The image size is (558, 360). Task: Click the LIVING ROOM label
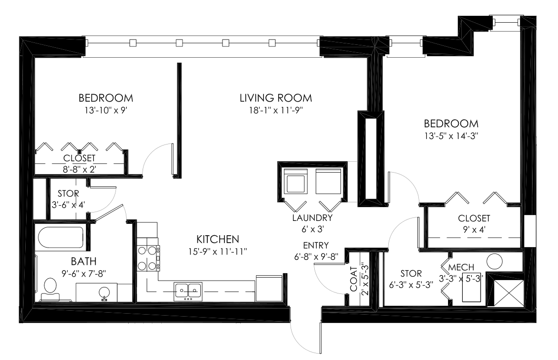tap(276, 98)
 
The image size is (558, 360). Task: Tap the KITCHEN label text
tap(218, 239)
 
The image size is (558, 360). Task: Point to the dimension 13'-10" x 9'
tap(106, 110)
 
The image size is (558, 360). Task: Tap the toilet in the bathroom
tap(50, 288)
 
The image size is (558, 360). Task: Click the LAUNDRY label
tap(312, 217)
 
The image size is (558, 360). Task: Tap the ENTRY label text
tap(316, 245)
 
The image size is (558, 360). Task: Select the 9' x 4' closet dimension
tap(473, 230)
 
